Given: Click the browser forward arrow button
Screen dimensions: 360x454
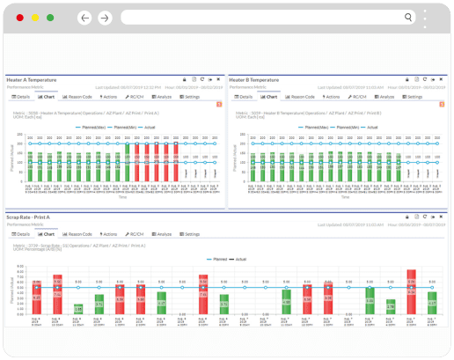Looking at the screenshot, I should [105, 18].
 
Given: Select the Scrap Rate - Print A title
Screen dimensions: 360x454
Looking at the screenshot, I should [28, 217].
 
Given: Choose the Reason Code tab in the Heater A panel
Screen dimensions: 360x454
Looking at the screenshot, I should [78, 97].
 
